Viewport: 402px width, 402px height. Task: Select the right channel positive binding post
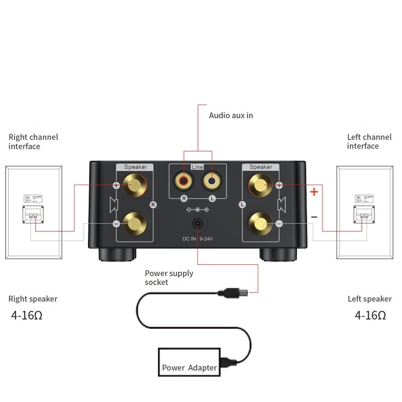(x=133, y=185)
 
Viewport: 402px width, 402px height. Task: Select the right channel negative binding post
(x=133, y=223)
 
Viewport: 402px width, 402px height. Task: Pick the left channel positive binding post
(x=260, y=185)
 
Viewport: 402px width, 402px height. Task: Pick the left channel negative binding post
(x=260, y=223)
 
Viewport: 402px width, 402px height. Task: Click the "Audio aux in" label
(x=231, y=116)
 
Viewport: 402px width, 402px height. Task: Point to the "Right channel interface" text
(x=33, y=141)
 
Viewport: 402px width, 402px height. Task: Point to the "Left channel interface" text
(x=369, y=141)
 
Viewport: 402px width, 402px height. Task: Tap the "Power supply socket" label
(x=169, y=277)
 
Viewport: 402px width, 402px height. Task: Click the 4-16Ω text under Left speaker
(x=370, y=316)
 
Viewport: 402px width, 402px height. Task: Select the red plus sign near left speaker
(x=314, y=191)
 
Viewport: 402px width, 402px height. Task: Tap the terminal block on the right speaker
(x=33, y=215)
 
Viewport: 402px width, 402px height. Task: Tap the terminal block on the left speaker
(x=364, y=215)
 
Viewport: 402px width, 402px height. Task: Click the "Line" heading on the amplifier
(x=198, y=166)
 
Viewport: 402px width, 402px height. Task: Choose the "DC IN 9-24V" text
(x=197, y=240)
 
